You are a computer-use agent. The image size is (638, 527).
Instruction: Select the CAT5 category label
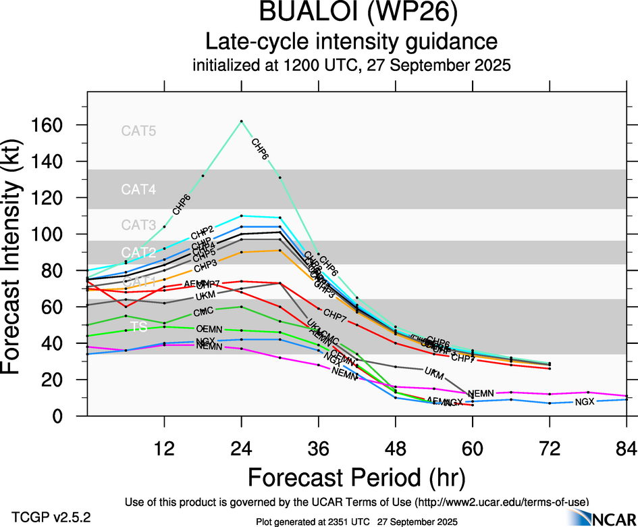(x=138, y=131)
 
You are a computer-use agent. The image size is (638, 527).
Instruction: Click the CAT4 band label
(x=138, y=190)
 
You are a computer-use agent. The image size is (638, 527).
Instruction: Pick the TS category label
(x=138, y=327)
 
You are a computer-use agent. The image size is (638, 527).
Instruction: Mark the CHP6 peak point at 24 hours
(x=242, y=121)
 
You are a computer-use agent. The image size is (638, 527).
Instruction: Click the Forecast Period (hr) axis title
(x=356, y=478)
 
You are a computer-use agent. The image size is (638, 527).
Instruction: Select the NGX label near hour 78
(x=585, y=402)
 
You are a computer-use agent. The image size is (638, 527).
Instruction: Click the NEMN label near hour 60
(x=481, y=393)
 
